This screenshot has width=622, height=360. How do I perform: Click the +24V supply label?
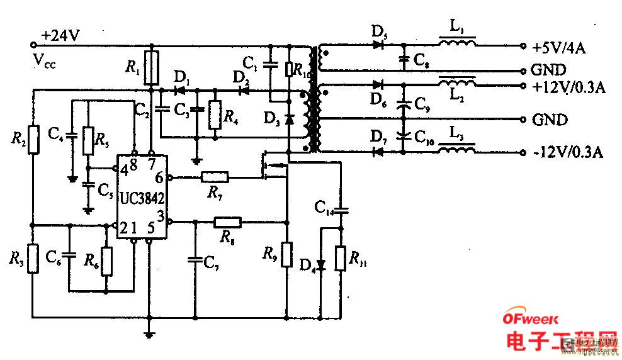(60, 36)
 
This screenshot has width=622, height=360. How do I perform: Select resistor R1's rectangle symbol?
(150, 69)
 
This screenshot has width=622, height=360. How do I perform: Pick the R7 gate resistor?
(215, 178)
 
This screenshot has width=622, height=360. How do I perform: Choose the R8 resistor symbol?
(227, 222)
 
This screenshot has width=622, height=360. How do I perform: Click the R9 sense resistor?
(286, 253)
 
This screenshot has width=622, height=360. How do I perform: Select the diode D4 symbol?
(321, 264)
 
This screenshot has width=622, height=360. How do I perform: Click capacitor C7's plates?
(195, 258)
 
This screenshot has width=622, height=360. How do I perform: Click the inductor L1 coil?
(458, 44)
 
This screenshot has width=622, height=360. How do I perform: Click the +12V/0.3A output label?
(568, 87)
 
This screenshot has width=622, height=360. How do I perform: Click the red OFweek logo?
(530, 319)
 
